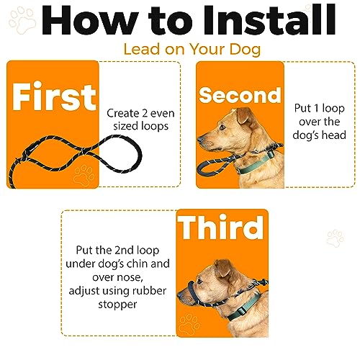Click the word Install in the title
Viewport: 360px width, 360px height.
(269, 21)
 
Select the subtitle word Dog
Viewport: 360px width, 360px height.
(245, 50)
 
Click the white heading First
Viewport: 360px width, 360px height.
(54, 96)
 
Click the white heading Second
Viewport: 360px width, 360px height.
(240, 95)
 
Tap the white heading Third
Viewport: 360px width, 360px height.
(221, 228)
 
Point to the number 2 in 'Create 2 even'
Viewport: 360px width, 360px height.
(145, 113)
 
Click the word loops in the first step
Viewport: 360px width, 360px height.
(155, 127)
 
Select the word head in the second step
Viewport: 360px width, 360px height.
(334, 135)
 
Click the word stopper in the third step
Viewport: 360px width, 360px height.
(117, 305)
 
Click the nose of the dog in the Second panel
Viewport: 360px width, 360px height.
(199, 140)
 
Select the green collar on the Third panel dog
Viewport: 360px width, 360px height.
(243, 308)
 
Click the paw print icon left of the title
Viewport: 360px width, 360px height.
(22, 21)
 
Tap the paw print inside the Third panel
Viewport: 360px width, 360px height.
(189, 323)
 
